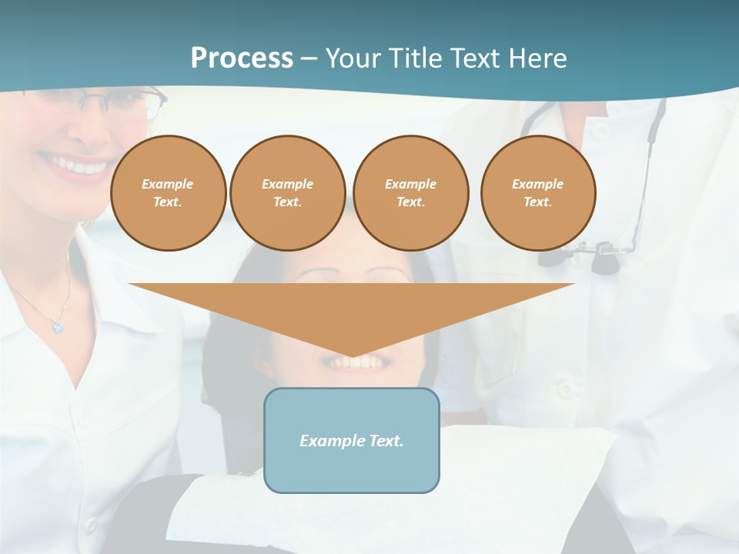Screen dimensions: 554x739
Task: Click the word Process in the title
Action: pos(242,58)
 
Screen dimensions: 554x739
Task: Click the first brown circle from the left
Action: pos(169,193)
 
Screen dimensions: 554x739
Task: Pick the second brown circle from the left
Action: pos(288,193)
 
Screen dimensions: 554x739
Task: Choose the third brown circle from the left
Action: pos(411,193)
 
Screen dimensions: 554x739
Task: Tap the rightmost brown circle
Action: pos(538,193)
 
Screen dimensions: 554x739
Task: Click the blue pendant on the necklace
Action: pos(58,327)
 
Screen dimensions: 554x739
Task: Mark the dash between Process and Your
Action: pos(309,58)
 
